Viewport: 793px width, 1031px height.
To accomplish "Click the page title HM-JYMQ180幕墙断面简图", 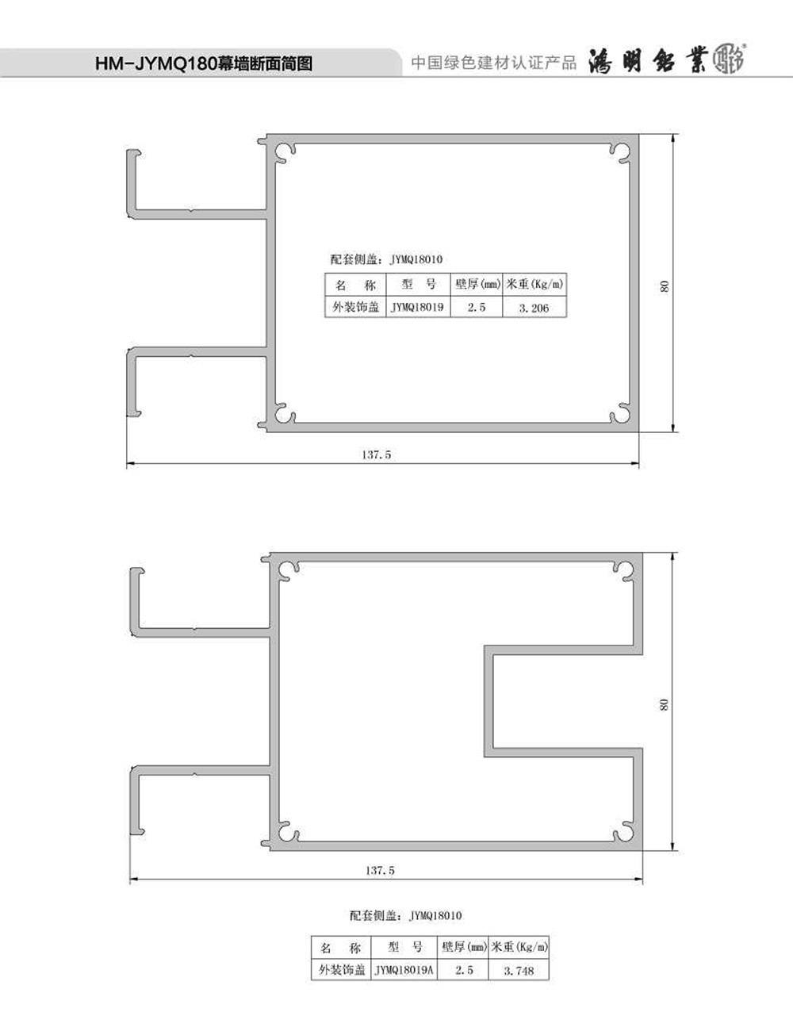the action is click(x=204, y=63).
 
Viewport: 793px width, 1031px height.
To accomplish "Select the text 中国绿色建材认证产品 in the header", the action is click(x=494, y=63).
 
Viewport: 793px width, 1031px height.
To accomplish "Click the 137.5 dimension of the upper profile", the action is click(x=377, y=454).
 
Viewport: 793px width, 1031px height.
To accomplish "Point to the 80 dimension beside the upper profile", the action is click(x=664, y=286).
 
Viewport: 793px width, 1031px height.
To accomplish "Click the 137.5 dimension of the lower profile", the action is click(x=380, y=871).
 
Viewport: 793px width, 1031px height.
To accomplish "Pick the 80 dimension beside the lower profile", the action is click(x=664, y=705).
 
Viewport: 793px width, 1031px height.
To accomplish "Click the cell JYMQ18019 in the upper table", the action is click(x=417, y=307).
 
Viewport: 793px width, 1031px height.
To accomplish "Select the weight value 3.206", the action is click(x=534, y=308).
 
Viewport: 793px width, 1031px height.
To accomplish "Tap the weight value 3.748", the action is click(x=519, y=971).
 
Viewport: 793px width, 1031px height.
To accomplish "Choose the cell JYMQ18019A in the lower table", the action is click(x=404, y=970).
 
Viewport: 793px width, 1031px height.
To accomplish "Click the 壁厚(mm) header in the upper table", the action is click(x=477, y=284).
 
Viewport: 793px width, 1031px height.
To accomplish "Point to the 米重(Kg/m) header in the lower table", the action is click(x=519, y=947).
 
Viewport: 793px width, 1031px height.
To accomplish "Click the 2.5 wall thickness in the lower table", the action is click(x=464, y=970).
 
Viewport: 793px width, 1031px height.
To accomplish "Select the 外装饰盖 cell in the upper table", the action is click(x=356, y=307).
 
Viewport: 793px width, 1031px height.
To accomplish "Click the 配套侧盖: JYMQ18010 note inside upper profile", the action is click(x=386, y=259).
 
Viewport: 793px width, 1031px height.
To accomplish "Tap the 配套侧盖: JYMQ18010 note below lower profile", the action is click(x=405, y=915).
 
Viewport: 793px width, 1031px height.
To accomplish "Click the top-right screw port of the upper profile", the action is click(x=619, y=151).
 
